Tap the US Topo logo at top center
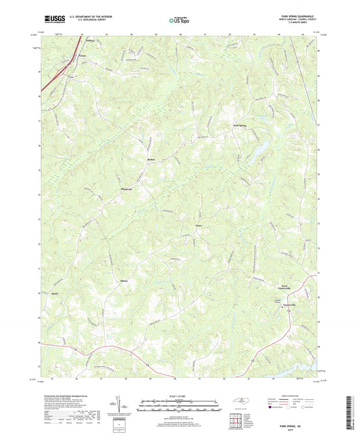(x=179, y=20)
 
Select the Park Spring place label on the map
(x=240, y=126)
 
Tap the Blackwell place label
(x=125, y=188)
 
